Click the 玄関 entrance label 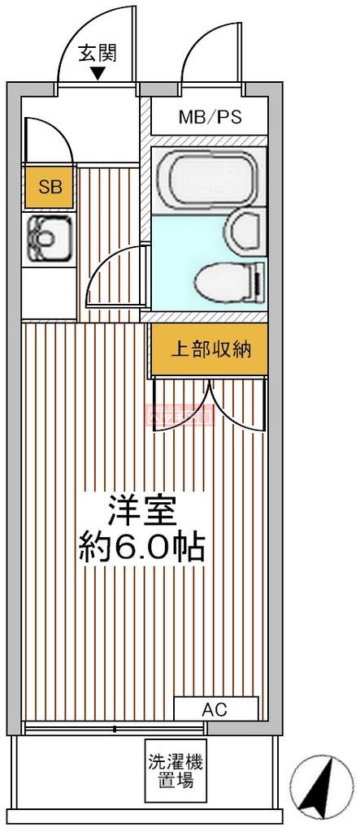pos(98,54)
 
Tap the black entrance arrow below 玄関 pos(98,74)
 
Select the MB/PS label pos(210,118)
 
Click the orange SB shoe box pos(50,187)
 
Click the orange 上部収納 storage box pos(210,350)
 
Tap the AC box pos(215,709)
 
